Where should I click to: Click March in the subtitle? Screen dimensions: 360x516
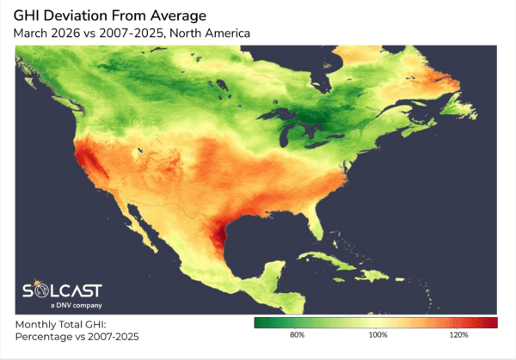[x=35, y=34]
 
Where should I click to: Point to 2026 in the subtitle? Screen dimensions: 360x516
[x=75, y=34]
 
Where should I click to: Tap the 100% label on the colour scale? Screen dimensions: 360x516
[x=378, y=334]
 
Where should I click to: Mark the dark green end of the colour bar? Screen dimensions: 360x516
[x=259, y=322]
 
